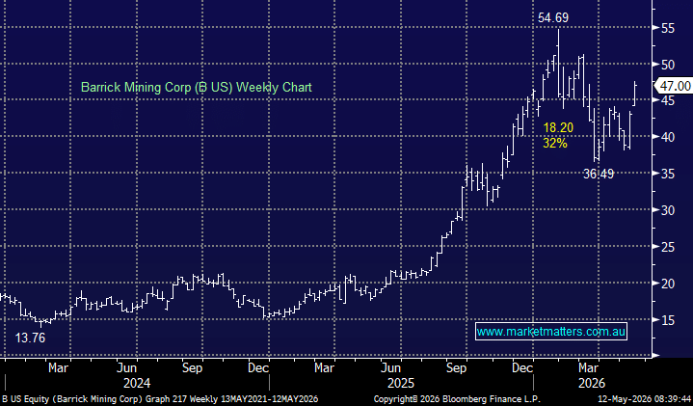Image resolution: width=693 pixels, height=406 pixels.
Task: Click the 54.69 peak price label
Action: point(553,17)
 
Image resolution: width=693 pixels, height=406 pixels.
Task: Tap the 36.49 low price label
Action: point(599,174)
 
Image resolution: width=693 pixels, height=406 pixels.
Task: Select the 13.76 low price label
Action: point(30,338)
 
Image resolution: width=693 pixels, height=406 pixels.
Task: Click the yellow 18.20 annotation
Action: point(558,128)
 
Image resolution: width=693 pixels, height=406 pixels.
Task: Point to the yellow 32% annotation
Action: point(554,143)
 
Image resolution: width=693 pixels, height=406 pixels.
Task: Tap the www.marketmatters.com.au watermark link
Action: point(551,331)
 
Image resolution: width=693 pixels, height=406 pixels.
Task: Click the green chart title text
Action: point(197,87)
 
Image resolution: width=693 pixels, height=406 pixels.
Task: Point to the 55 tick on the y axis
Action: point(668,29)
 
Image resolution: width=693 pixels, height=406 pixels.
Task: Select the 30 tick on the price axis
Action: point(668,210)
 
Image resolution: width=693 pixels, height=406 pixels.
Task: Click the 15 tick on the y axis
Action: point(668,320)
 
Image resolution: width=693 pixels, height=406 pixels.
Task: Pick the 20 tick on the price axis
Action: point(668,284)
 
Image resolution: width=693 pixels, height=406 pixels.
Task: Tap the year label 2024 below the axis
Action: point(137,383)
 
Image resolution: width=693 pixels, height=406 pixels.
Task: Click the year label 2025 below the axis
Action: point(401,383)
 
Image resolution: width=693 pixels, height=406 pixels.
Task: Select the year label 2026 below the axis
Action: point(592,383)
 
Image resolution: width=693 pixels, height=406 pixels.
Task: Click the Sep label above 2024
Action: point(192,368)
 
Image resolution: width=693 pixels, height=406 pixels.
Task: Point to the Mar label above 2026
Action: point(589,368)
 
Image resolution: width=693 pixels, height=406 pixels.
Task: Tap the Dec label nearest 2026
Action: point(522,368)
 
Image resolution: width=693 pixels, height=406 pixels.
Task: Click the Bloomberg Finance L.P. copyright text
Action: point(457,399)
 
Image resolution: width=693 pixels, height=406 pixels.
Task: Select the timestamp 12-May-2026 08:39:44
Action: point(645,399)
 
